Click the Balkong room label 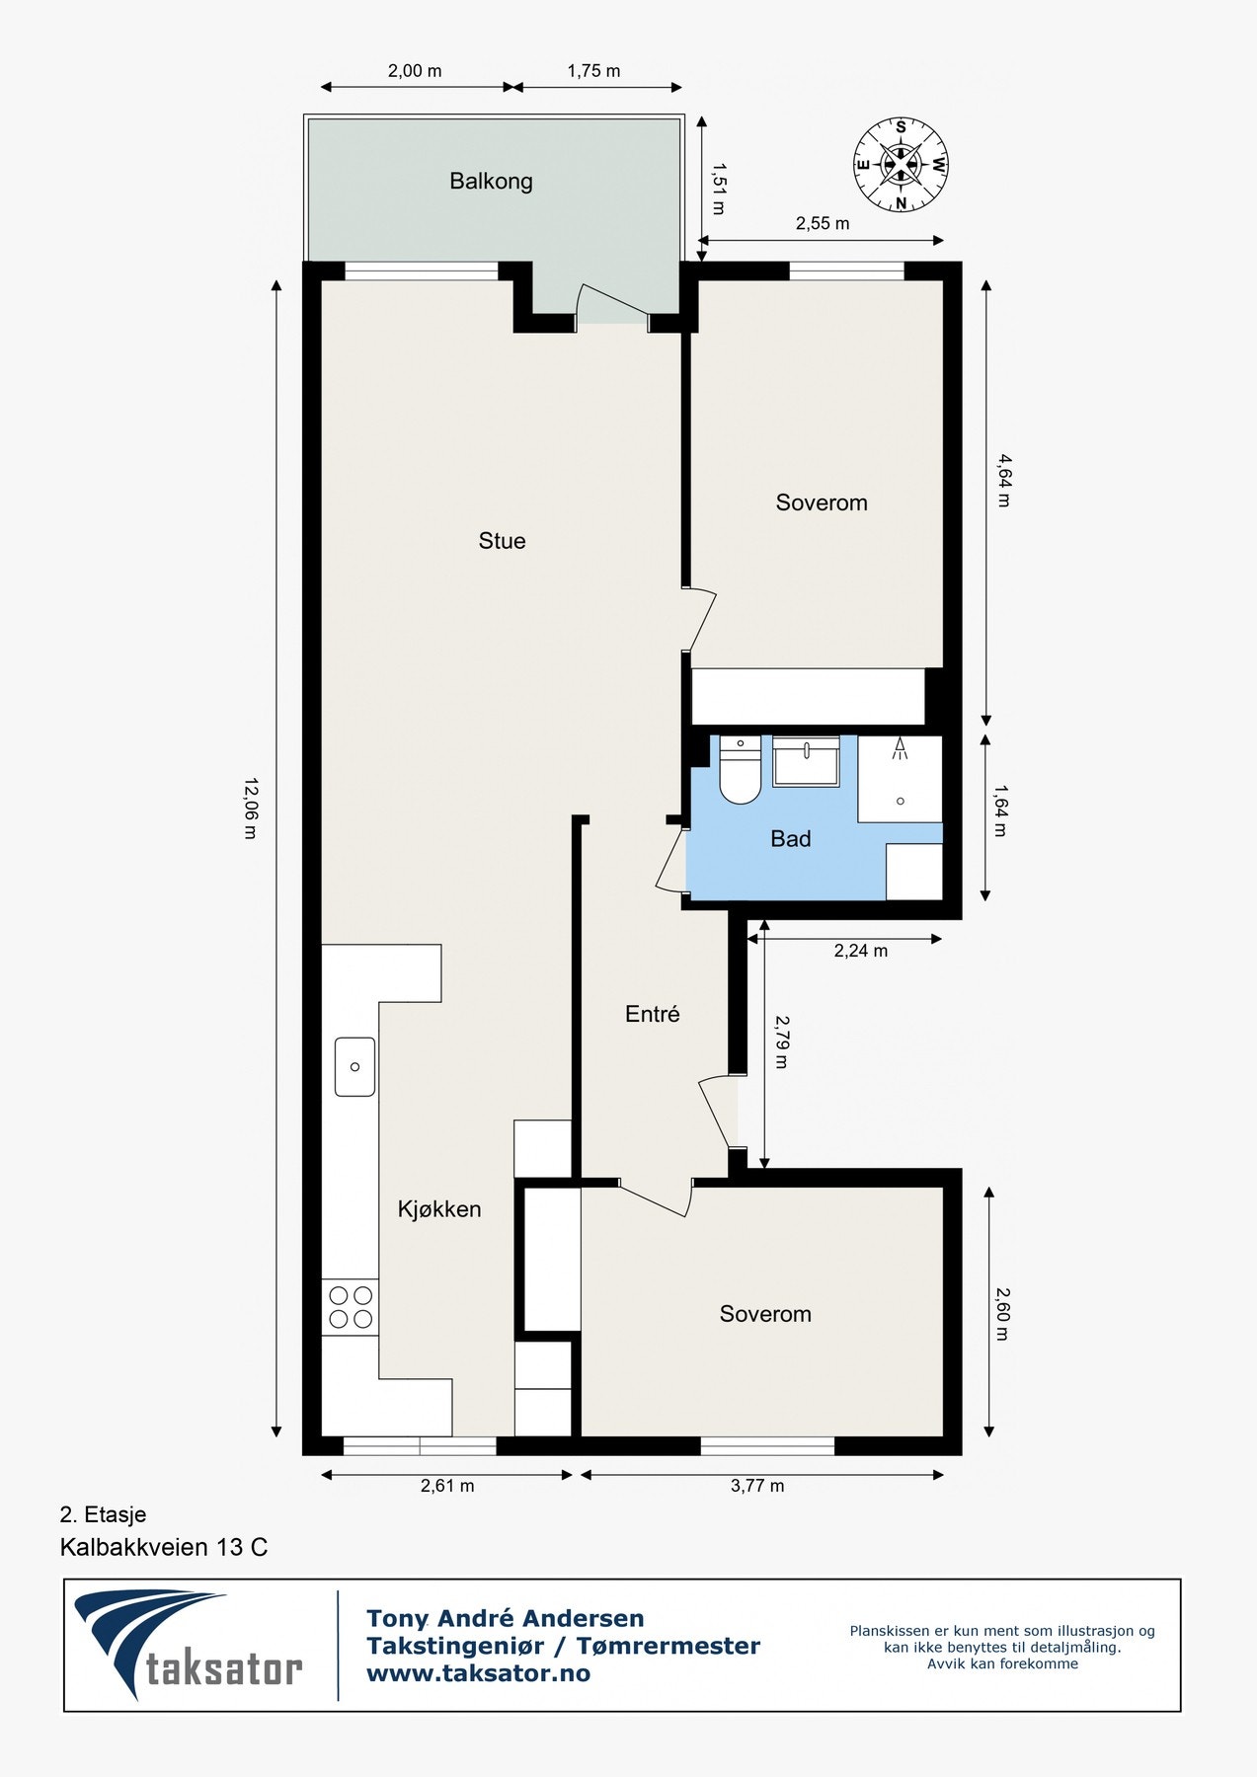click(491, 182)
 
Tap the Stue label click(502, 541)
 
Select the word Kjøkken click(439, 1209)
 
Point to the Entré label click(653, 1014)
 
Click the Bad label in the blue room click(790, 839)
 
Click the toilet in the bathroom click(739, 769)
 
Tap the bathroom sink click(806, 761)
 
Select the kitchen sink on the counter click(354, 1066)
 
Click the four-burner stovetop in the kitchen click(351, 1307)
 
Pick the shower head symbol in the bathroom click(900, 748)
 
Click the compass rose click(901, 165)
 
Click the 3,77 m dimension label click(757, 1486)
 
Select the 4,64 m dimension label click(1003, 480)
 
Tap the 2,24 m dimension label click(861, 951)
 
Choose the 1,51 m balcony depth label click(717, 189)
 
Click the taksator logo click(189, 1646)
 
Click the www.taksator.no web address click(478, 1673)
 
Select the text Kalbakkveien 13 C click(164, 1547)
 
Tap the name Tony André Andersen click(506, 1619)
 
